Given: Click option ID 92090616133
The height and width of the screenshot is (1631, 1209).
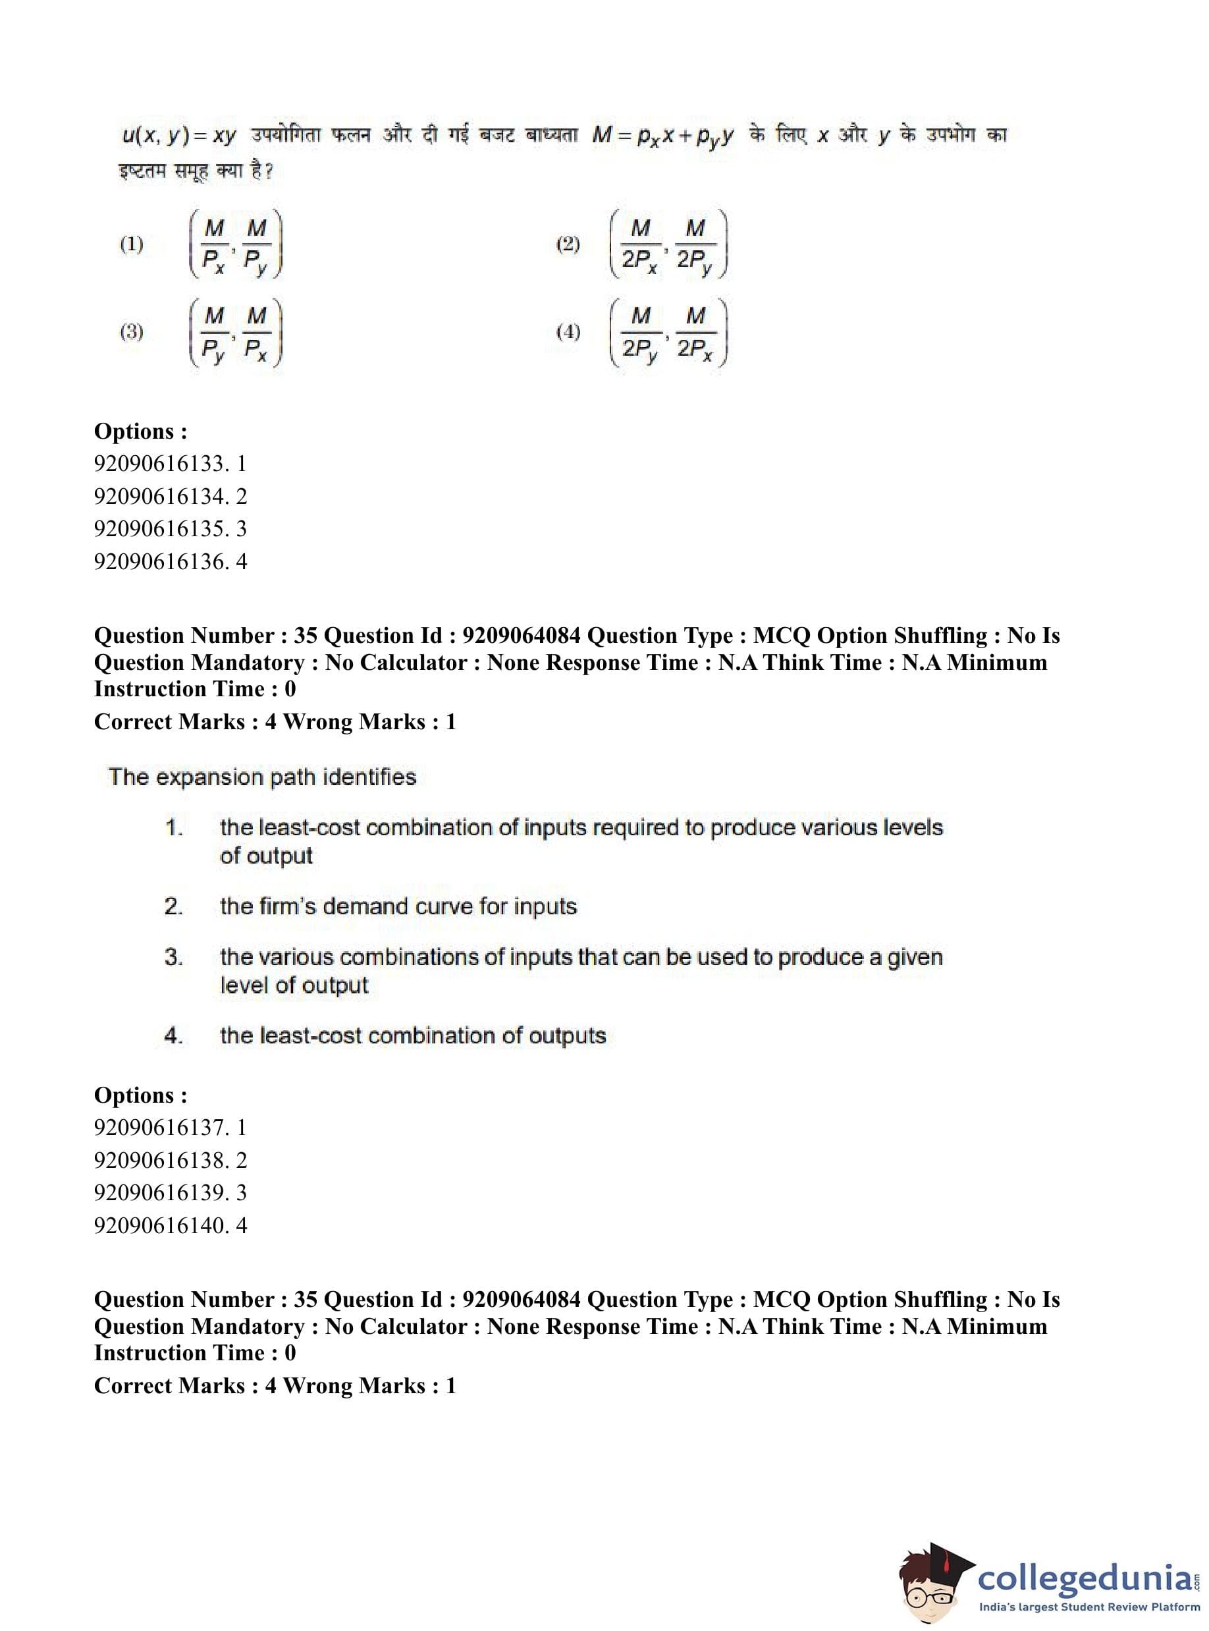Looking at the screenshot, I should [x=170, y=463].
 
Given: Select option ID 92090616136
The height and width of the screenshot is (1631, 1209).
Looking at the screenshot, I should [x=170, y=561].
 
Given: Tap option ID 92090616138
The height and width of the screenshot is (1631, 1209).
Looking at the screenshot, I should [x=170, y=1159].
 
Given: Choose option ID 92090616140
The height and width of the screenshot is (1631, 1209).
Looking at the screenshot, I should [x=170, y=1225].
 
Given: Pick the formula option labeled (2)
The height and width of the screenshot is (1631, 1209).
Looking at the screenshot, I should [x=668, y=244].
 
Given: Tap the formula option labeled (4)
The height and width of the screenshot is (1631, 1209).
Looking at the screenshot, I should [x=668, y=333].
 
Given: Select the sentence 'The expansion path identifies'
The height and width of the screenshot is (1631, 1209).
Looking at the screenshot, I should [x=262, y=777].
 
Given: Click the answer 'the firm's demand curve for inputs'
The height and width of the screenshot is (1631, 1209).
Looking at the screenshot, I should [x=398, y=906].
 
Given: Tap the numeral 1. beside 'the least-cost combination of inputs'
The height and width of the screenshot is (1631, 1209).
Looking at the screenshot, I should [x=173, y=828].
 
